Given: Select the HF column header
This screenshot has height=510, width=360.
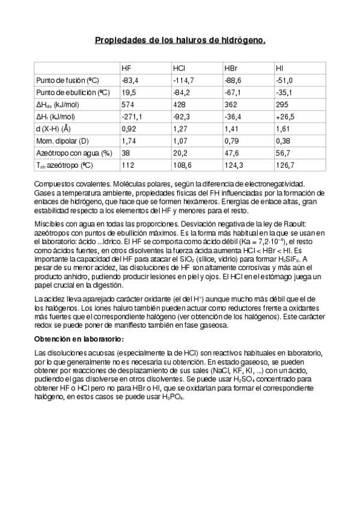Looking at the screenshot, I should point(126,68).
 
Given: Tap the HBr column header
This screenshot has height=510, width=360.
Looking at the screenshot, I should point(231,68).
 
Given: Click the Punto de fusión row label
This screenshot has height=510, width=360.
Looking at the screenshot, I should point(67,80).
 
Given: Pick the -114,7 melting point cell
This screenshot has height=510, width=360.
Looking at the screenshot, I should point(183,80).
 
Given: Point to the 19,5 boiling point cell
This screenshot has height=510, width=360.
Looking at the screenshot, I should point(129,92).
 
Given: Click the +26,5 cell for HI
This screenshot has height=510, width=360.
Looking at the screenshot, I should point(285,116).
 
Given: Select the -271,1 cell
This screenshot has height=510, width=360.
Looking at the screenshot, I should point(132,116).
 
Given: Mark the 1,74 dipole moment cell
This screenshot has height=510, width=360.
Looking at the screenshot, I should point(129,140).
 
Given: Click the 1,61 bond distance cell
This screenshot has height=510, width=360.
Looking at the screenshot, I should point(283,128).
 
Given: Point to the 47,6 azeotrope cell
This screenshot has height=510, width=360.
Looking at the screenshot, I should point(232,153).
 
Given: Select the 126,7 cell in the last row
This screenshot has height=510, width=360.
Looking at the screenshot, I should point(285,165).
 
